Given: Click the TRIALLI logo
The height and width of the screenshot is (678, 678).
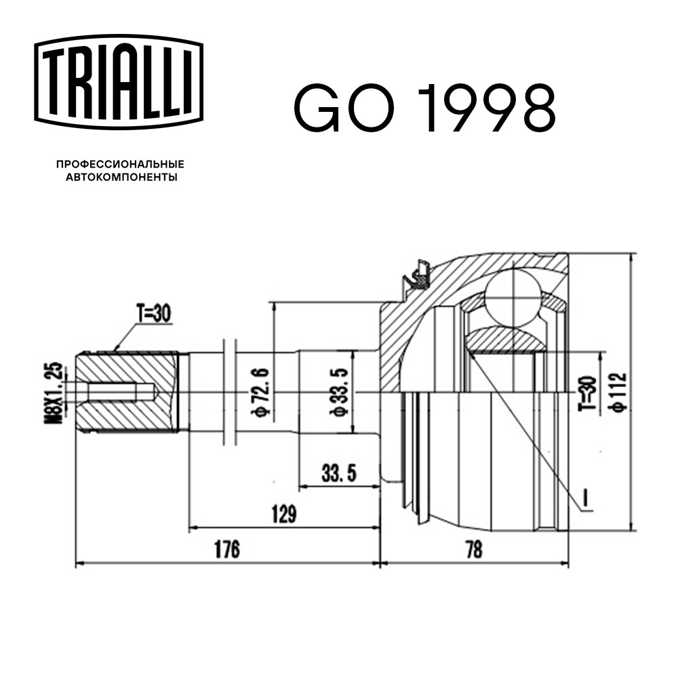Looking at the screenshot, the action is [x=119, y=82].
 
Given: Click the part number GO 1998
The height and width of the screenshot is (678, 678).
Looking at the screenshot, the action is [x=424, y=107].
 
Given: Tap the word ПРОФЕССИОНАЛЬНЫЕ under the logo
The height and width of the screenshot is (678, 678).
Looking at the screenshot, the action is [x=120, y=164].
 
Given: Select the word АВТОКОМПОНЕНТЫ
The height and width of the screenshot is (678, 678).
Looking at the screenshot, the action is [x=121, y=177].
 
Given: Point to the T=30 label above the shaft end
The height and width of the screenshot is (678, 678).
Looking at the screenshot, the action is [x=153, y=313].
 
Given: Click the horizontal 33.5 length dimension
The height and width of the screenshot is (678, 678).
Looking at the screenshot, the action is [x=339, y=473].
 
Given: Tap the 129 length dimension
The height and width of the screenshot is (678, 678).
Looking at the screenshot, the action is [x=283, y=514].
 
